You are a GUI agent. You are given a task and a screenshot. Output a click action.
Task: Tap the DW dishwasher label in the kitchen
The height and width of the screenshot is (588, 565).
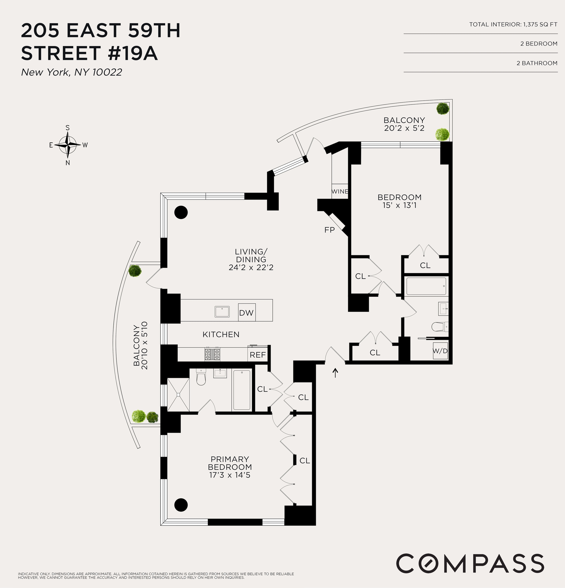246,313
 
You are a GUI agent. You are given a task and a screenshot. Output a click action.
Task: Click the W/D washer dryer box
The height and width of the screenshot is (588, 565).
440,351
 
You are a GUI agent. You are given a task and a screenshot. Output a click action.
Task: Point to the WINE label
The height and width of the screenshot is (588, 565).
340,191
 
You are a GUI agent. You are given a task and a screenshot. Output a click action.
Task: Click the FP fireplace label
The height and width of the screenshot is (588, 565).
329,230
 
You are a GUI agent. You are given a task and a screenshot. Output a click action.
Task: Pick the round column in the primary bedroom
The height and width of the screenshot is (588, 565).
181,505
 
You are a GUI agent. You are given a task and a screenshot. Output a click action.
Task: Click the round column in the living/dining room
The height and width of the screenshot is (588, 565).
181,212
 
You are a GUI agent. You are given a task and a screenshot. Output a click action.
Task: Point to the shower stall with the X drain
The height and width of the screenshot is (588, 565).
178,395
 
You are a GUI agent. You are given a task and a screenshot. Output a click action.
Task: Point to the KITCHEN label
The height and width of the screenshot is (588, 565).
221,335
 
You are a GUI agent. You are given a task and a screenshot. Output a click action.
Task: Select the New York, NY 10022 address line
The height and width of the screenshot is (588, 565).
71,72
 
